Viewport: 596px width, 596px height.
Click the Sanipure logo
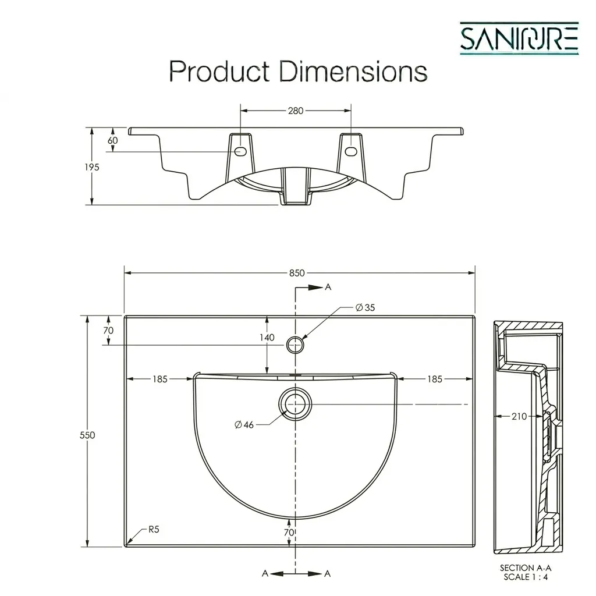(519, 38)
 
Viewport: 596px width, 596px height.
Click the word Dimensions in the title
(353, 71)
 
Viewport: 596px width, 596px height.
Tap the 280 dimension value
(296, 111)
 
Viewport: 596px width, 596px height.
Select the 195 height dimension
(92, 167)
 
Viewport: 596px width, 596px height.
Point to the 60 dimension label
(112, 140)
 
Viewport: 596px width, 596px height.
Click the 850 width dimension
(297, 273)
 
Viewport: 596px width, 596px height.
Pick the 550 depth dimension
(87, 435)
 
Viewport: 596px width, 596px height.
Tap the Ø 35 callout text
(366, 307)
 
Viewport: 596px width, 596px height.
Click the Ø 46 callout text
(244, 424)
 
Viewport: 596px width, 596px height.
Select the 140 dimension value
(267, 337)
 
